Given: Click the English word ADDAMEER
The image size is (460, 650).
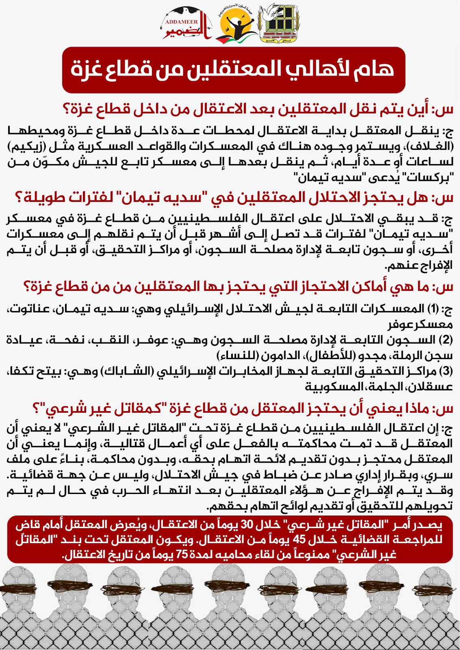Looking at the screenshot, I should pyautogui.click(x=181, y=22).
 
